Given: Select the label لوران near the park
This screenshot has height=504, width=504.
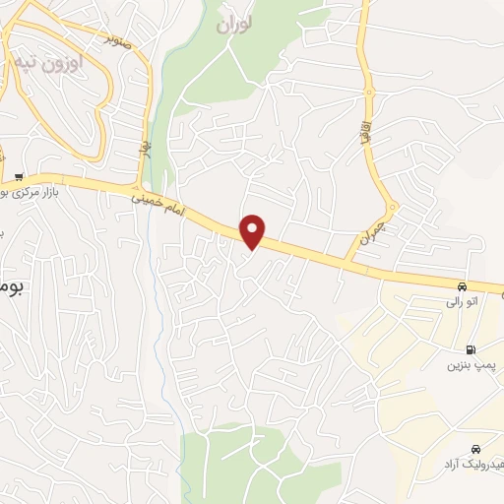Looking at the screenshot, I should click(x=236, y=23).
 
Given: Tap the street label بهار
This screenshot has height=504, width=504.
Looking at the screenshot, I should click(x=144, y=150).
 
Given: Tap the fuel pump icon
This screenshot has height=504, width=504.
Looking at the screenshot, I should click(x=470, y=349).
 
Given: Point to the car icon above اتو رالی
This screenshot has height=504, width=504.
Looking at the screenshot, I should click(x=461, y=286).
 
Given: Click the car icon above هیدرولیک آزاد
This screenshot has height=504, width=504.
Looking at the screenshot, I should click(x=476, y=448).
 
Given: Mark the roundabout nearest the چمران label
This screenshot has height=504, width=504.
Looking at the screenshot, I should click(x=391, y=209).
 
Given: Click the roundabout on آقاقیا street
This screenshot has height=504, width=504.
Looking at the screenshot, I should click(x=371, y=93).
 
